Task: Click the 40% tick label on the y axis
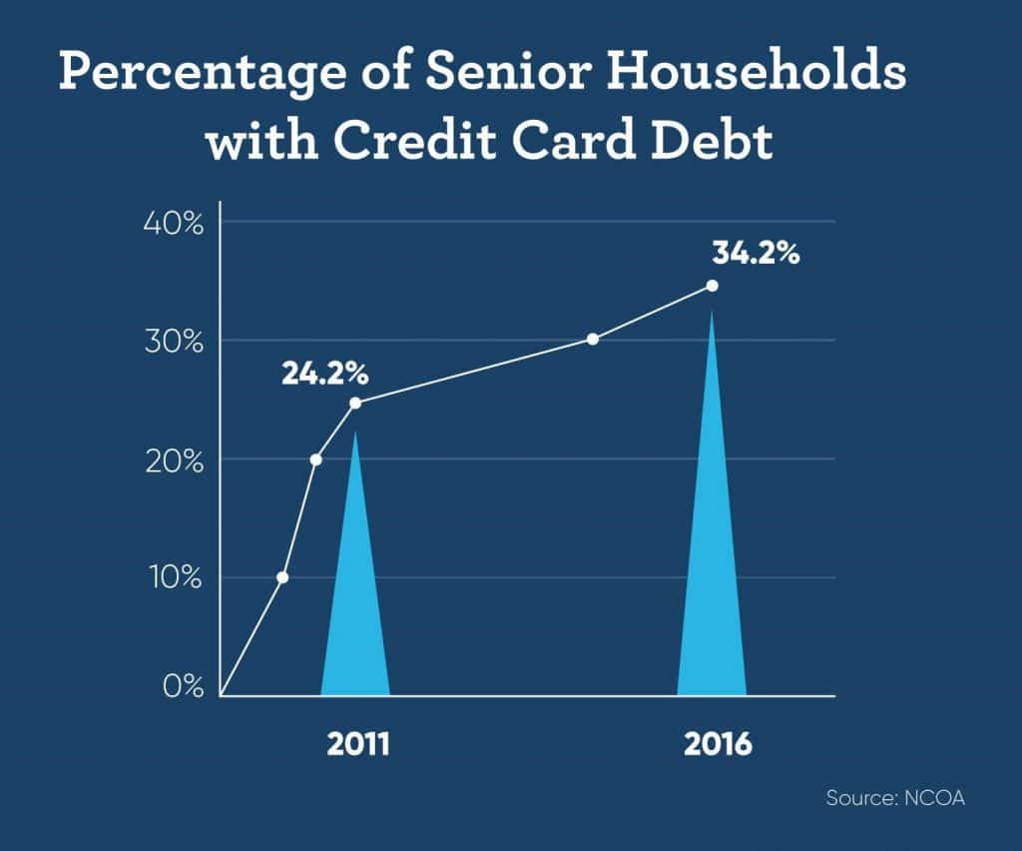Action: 174,224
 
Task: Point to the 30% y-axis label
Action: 174,342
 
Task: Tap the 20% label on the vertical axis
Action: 174,461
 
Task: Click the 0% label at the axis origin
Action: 184,686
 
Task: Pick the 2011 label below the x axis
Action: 358,744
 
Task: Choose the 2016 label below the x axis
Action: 718,744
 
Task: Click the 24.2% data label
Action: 325,375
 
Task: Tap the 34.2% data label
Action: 756,253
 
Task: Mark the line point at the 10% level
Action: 282,577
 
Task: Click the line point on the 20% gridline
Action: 316,459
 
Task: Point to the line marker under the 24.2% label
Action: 355,403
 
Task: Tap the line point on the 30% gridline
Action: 593,339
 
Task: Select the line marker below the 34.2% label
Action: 713,286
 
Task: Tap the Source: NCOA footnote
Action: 895,797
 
